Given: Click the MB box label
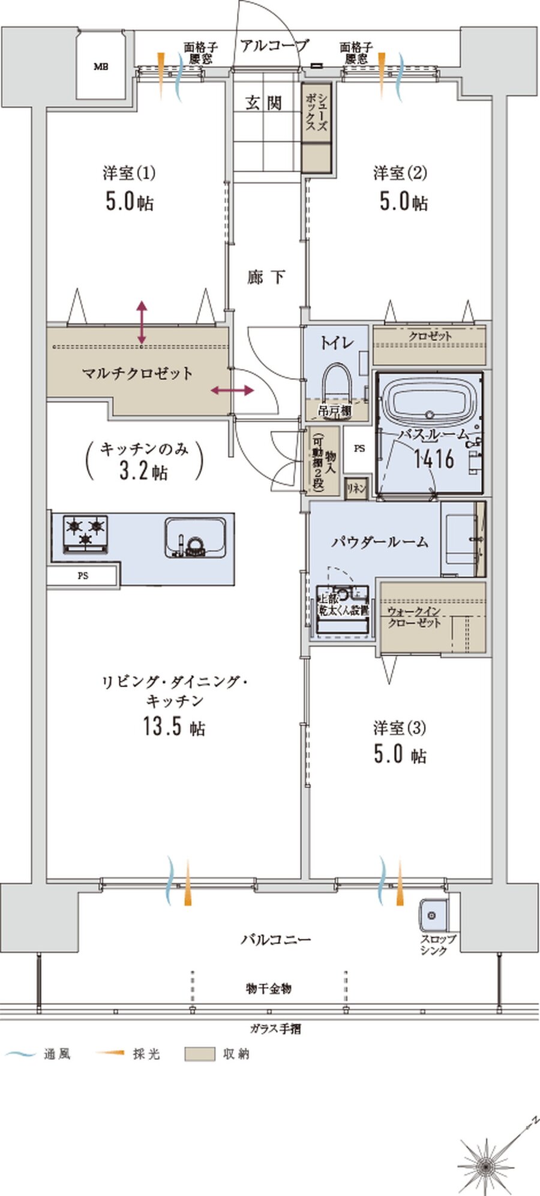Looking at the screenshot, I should (x=100, y=67).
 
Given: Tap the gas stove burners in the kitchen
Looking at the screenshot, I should (x=85, y=533).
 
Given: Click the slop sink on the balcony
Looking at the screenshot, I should (x=431, y=915).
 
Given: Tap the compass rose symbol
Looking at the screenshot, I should (x=486, y=1164).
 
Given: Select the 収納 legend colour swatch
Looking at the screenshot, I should (x=199, y=1054).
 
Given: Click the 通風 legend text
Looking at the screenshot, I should (x=57, y=1054).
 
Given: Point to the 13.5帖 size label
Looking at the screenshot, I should (x=174, y=727).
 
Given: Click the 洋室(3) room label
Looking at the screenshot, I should (x=400, y=729).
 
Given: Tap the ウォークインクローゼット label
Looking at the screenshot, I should (x=414, y=618).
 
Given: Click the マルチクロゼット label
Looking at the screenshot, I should (x=137, y=374).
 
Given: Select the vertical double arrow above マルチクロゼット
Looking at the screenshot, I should (x=142, y=323).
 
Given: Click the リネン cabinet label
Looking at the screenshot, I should (x=356, y=488).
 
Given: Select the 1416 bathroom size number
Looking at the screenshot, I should (x=434, y=459).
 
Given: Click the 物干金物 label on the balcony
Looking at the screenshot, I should (x=269, y=988).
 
